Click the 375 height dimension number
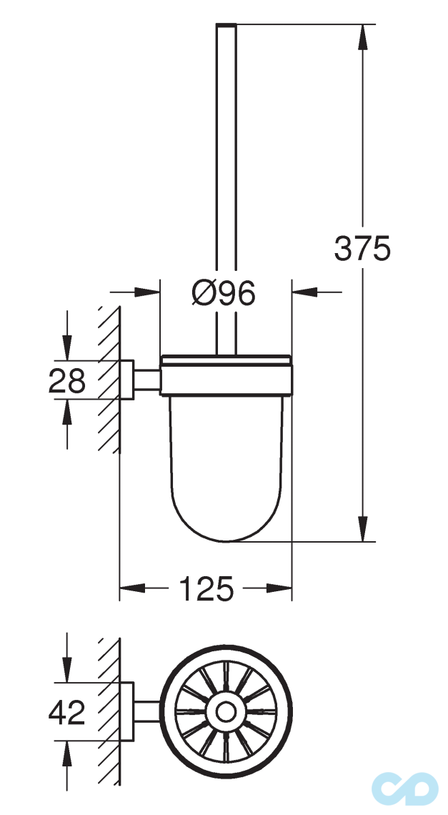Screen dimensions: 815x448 click(x=362, y=249)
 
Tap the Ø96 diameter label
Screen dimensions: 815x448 click(x=224, y=293)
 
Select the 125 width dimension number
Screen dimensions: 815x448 click(x=206, y=589)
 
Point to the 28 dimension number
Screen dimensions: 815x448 click(x=67, y=380)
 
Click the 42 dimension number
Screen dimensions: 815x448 click(x=67, y=711)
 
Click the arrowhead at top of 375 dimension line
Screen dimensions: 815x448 click(x=364, y=36)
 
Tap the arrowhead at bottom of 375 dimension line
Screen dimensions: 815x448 click(x=364, y=530)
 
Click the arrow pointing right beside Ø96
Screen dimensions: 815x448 click(x=146, y=292)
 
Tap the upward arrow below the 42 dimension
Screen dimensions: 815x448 click(x=67, y=751)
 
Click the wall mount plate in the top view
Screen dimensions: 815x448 click(x=126, y=711)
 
